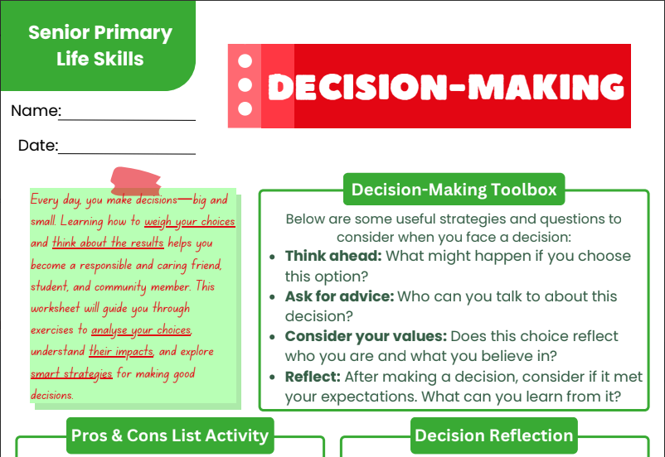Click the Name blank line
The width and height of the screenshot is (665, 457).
point(127,120)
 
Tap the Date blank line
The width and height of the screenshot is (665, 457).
point(127,154)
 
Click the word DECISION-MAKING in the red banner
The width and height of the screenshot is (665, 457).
point(446,87)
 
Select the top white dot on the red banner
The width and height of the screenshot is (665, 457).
point(245,61)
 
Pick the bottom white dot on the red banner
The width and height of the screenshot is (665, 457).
point(245,108)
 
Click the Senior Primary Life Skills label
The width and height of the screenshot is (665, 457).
point(100,46)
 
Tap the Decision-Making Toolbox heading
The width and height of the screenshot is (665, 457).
point(454,190)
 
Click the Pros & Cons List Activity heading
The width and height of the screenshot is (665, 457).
point(170,435)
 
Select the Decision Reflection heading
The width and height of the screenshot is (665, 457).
point(493,435)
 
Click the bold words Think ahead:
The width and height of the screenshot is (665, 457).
point(333,256)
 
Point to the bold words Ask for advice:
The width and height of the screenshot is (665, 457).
point(339,296)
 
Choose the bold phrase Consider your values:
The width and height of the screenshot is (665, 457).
point(366,336)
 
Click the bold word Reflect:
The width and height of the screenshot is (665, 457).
point(313,377)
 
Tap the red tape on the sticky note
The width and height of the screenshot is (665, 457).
point(136,181)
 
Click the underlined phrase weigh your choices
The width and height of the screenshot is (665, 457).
point(190,222)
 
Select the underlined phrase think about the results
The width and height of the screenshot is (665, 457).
point(108,243)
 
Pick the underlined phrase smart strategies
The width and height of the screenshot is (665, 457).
point(71,373)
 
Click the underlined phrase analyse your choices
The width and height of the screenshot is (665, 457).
point(142,330)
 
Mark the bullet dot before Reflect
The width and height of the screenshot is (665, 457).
point(272,377)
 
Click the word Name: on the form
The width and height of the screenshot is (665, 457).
point(36,111)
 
